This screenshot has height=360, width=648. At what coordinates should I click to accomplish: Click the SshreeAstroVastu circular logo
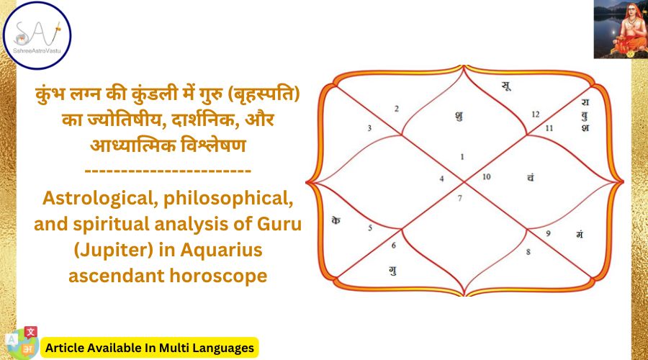tap(37, 35)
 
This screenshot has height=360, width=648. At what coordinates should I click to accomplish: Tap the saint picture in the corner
tap(621, 29)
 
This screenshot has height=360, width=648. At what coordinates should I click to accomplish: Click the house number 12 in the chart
tap(536, 114)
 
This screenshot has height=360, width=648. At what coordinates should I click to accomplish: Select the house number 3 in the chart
tap(369, 128)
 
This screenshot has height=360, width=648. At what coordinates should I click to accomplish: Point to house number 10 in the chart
tap(487, 177)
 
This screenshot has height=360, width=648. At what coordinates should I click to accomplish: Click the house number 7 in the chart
tap(459, 199)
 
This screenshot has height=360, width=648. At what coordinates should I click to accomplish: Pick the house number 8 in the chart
tap(528, 252)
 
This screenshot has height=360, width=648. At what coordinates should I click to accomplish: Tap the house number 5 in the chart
tap(370, 228)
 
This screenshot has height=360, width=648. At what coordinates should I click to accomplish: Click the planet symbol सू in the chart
tap(506, 86)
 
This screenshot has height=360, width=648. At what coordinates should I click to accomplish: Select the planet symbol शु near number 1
tap(459, 116)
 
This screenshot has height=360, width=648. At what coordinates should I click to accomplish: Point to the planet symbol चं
tap(530, 177)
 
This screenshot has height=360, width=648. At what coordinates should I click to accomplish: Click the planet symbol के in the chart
tap(336, 220)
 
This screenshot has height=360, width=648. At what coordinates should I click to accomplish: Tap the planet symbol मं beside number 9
tap(580, 234)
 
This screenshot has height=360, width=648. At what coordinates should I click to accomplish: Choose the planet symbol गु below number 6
tap(392, 271)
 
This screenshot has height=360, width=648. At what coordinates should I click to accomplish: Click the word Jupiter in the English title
tap(115, 250)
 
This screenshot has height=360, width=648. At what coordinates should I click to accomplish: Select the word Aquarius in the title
tap(221, 251)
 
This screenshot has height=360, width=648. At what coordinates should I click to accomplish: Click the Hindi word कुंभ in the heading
tap(51, 94)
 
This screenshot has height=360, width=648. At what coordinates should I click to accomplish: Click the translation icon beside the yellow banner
tap(23, 343)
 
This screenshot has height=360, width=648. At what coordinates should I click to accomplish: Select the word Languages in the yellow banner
tap(222, 348)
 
